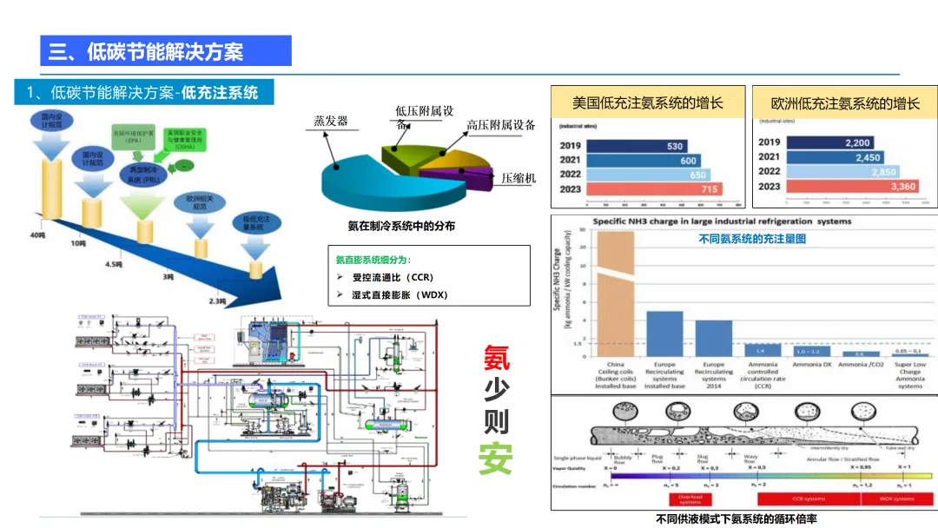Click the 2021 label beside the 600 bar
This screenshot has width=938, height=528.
pos(571,161)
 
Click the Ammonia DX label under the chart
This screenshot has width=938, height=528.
pos(811,365)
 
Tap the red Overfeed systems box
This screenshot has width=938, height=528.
pos(690,499)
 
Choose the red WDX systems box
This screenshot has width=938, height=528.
pos(897,499)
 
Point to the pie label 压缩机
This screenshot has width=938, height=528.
pos(519,178)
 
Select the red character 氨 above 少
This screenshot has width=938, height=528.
pos(496,357)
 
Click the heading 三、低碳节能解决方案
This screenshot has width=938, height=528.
pos(147,51)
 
